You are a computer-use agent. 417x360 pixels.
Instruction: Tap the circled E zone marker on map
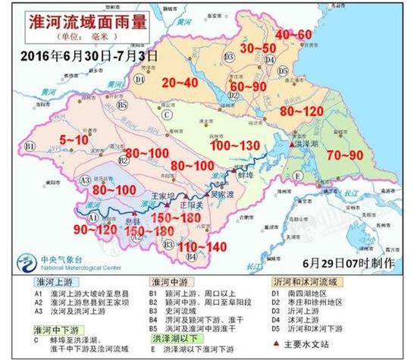pyautogui.click(x=298, y=176)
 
